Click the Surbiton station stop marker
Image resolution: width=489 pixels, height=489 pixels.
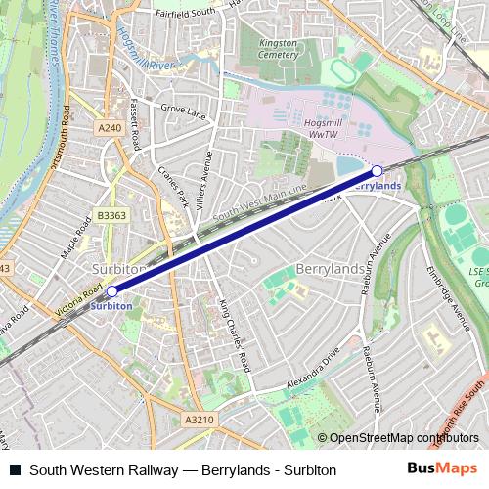[x=111, y=290]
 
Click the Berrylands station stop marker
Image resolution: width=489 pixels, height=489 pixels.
[x=377, y=170]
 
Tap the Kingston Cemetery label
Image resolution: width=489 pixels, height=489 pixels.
[x=269, y=49]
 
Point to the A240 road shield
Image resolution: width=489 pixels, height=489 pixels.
[x=110, y=128]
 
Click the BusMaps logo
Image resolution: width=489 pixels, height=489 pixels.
[x=442, y=468]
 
